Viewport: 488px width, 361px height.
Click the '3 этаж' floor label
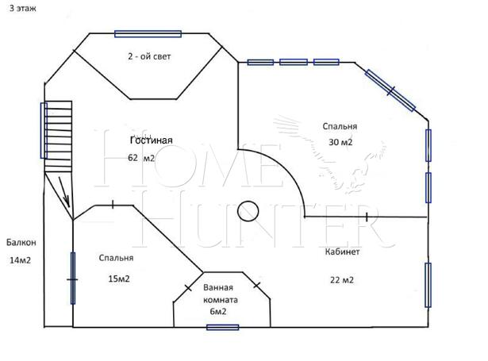point(23,9)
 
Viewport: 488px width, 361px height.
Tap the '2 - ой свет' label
point(149,56)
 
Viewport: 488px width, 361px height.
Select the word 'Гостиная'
point(152,140)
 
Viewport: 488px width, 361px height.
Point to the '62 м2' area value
point(141,158)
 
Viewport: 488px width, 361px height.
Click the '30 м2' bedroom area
point(340,142)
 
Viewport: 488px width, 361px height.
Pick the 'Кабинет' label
point(342,252)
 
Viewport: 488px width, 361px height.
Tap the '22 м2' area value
point(342,280)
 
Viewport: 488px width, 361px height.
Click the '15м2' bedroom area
point(119,278)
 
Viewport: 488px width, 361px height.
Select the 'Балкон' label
point(21,242)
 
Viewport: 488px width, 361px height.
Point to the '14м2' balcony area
point(20,260)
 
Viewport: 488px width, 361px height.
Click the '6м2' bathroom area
point(218,311)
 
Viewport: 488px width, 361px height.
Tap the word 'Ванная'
point(218,287)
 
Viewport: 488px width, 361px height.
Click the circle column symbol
point(248,211)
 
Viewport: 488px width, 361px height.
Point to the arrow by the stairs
point(63,192)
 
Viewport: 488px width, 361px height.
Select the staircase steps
point(58,136)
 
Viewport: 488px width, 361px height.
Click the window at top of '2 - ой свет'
point(148,34)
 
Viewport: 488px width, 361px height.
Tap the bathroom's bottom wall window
point(222,328)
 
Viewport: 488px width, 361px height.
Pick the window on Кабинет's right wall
point(428,285)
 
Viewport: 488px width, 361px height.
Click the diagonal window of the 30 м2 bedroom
point(390,90)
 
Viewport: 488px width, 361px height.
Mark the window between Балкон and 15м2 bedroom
point(73,278)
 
